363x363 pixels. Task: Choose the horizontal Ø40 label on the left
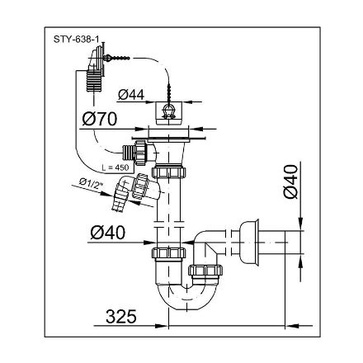point(107,233)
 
